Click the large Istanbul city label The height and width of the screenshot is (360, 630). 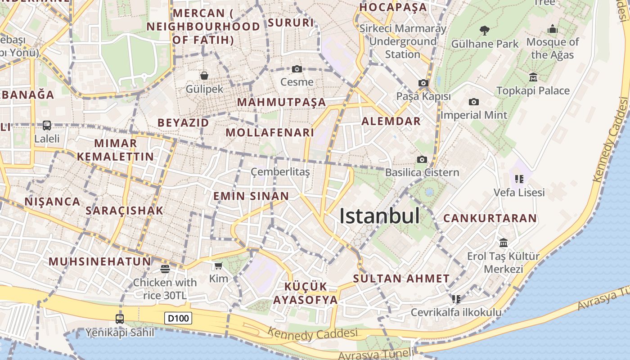(x=379, y=216)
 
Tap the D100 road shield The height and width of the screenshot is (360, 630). (x=178, y=318)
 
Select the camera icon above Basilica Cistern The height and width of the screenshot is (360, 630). (x=422, y=159)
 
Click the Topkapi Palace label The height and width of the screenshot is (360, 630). (x=533, y=90)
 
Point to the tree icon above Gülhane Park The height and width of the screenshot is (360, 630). (x=485, y=31)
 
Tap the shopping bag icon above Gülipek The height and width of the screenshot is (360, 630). (x=204, y=76)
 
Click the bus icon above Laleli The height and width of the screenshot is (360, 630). (x=47, y=126)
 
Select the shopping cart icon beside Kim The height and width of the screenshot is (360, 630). (x=219, y=265)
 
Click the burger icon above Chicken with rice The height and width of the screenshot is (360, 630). (x=165, y=269)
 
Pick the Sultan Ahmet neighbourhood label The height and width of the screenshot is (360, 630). (x=401, y=279)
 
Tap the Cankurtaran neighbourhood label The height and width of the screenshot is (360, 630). (x=490, y=218)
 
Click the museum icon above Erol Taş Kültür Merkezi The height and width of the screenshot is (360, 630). (x=503, y=243)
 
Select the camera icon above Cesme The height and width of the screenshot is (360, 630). (x=297, y=69)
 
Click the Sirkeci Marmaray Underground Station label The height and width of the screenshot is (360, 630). (x=403, y=41)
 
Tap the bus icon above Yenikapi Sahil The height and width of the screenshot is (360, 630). (x=120, y=319)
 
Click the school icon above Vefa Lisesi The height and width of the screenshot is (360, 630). (x=519, y=179)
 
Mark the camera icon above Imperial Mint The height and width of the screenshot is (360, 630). (x=473, y=102)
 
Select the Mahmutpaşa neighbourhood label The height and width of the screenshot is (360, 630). (x=281, y=102)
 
